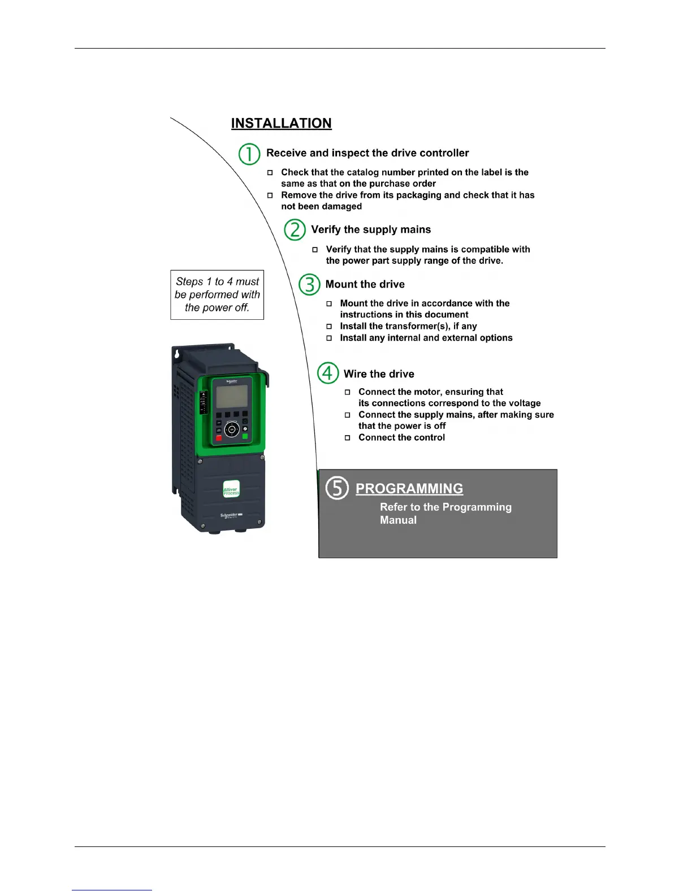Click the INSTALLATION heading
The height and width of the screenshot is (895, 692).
(281, 123)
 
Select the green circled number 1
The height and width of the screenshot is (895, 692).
(249, 154)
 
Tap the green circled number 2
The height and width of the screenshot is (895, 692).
(295, 230)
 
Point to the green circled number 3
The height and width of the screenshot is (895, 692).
(309, 284)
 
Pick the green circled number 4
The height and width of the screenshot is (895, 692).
(327, 373)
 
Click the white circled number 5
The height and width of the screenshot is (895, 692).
(337, 488)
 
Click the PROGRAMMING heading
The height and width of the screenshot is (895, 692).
(409, 488)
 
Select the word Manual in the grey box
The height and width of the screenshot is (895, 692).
(398, 520)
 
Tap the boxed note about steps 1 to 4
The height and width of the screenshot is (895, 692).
(217, 294)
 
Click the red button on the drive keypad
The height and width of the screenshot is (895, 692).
(219, 438)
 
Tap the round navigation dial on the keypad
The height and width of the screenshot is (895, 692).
(232, 430)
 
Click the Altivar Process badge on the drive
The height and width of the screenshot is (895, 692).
(231, 490)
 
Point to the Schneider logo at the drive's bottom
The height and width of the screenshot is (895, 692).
(231, 516)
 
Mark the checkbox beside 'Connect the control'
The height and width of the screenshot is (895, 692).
(348, 438)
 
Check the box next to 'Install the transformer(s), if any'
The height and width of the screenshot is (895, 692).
(329, 327)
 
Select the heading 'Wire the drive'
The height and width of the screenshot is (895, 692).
(379, 374)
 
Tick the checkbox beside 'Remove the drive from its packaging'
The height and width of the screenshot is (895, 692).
(270, 195)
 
